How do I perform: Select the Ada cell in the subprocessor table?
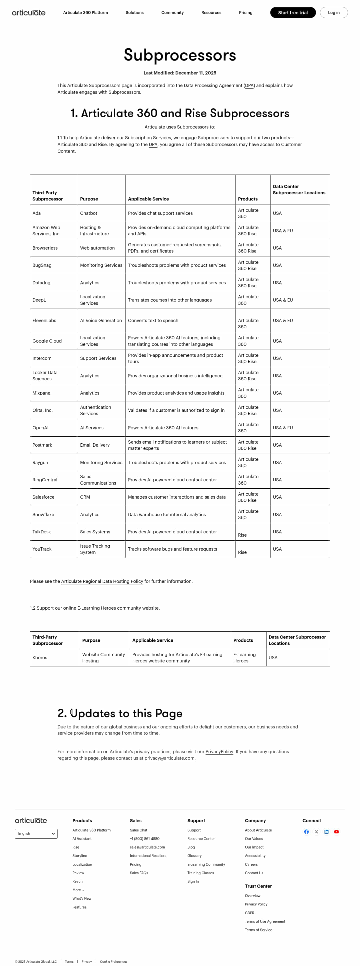(x=36, y=213)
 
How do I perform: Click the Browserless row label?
(x=45, y=248)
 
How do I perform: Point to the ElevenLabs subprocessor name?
(x=44, y=321)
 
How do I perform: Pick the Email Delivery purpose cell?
(x=95, y=445)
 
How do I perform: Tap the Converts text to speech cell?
(x=153, y=321)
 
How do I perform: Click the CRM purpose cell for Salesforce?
(x=85, y=497)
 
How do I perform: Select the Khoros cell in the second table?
(x=40, y=658)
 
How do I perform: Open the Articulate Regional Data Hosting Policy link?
(x=102, y=581)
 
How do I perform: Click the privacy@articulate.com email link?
(x=169, y=758)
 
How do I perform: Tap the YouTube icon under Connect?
(x=336, y=832)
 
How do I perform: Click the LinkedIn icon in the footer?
(x=326, y=832)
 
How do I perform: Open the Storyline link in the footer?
(x=79, y=856)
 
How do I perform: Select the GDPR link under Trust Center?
(x=249, y=913)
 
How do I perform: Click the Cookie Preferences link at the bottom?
(x=113, y=961)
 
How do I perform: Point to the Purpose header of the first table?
(x=89, y=199)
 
